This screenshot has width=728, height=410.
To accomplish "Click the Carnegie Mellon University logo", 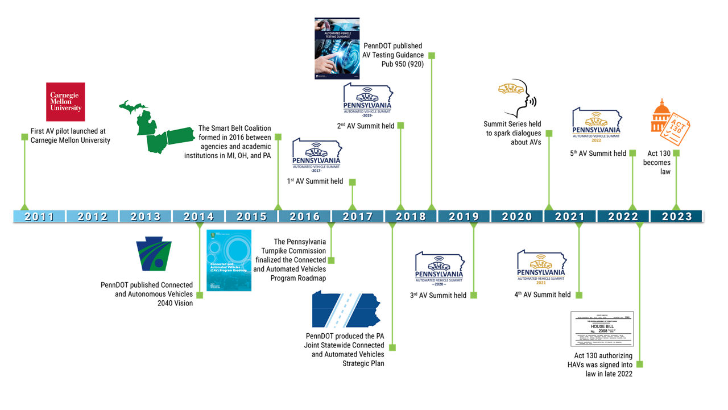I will pyautogui.click(x=65, y=102).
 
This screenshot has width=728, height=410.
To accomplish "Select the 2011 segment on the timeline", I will pyautogui.click(x=39, y=217).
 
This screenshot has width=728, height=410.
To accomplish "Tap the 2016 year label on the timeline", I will pyautogui.click(x=304, y=217).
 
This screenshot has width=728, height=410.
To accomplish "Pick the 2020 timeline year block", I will pyautogui.click(x=517, y=217).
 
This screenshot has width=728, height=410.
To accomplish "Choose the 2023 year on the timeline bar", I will pyautogui.click(x=677, y=217).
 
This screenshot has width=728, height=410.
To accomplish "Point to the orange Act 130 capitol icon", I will pyautogui.click(x=669, y=123).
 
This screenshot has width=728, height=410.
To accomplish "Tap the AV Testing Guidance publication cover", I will pyautogui.click(x=337, y=48).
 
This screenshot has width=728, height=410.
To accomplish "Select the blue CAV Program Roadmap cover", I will pyautogui.click(x=228, y=260).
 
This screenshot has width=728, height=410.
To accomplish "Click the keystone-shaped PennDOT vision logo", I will pyautogui.click(x=154, y=254).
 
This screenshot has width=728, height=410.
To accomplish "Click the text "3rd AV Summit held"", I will pyautogui.click(x=438, y=295).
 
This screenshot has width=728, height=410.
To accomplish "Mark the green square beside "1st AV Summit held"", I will pyautogui.click(x=353, y=182).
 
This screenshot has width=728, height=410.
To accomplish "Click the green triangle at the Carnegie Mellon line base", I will pyautogui.click(x=24, y=206).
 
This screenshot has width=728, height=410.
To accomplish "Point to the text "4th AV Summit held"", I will pyautogui.click(x=542, y=295).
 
